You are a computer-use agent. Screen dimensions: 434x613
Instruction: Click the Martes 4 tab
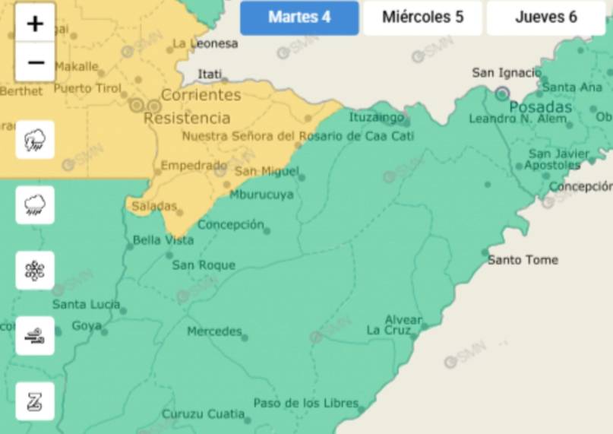pos(299,17)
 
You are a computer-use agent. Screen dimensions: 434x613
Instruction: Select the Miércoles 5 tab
pos(422,17)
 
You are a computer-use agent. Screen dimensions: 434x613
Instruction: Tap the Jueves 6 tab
pos(545,17)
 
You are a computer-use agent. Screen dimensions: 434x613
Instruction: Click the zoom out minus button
pos(35,62)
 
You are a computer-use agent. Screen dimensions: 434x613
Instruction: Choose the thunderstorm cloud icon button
pos(35,140)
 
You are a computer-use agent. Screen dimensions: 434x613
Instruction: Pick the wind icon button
pos(35,336)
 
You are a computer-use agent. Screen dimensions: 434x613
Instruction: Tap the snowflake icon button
pos(35,271)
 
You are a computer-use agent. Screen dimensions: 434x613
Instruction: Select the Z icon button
pos(35,401)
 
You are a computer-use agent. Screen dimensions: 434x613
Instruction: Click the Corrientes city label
pos(201,95)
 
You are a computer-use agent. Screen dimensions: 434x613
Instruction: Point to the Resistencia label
pos(187,119)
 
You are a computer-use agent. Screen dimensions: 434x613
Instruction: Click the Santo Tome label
pos(523,260)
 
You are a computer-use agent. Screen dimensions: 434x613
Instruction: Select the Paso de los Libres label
pos(305,403)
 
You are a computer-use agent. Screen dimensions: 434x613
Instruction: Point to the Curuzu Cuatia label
pos(202,414)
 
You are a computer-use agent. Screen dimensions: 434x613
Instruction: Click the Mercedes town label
pos(214,331)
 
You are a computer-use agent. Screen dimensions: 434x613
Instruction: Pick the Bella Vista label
pos(163,240)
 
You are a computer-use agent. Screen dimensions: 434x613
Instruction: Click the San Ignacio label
pos(507,73)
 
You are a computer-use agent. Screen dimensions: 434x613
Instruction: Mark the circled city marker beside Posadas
pos(502,93)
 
